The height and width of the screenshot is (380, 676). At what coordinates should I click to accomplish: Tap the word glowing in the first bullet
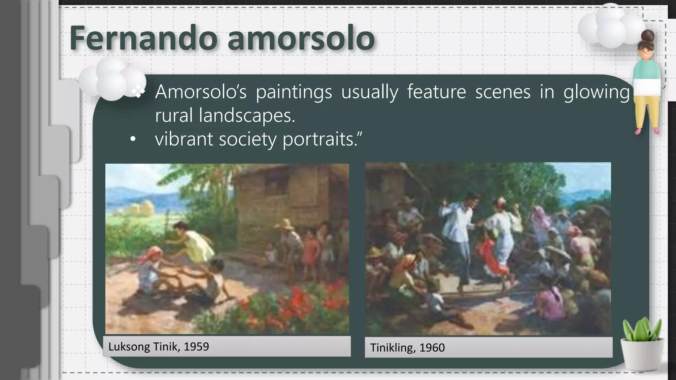click(596, 92)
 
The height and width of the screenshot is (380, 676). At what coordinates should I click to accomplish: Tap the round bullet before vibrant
click(133, 140)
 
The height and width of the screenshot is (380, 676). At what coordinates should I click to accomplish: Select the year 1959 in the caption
click(196, 347)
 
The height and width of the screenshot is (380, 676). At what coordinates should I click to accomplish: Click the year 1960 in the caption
click(432, 348)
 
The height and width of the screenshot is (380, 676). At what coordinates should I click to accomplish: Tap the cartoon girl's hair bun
click(648, 35)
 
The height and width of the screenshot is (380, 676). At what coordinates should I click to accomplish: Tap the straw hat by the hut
click(285, 224)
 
